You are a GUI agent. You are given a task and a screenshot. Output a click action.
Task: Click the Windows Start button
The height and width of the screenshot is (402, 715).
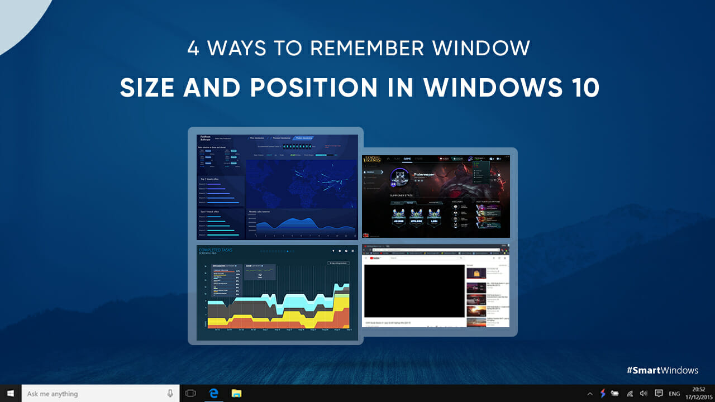pyautogui.click(x=11, y=394)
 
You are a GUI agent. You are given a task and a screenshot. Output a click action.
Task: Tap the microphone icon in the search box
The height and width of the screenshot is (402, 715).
pyautogui.click(x=170, y=394)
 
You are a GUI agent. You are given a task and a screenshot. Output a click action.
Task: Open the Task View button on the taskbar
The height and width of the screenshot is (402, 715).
pyautogui.click(x=190, y=394)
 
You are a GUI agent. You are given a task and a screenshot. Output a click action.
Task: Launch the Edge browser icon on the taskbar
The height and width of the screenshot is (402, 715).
pyautogui.click(x=213, y=394)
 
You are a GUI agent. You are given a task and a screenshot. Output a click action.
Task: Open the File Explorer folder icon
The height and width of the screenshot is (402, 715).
pyautogui.click(x=236, y=394)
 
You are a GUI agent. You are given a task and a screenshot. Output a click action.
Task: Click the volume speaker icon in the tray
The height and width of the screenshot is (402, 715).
pyautogui.click(x=643, y=394)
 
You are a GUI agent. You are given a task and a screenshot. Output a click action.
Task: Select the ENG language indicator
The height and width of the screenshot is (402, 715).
pyautogui.click(x=675, y=394)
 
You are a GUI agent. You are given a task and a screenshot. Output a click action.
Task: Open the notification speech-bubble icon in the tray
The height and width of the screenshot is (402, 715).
pyautogui.click(x=659, y=394)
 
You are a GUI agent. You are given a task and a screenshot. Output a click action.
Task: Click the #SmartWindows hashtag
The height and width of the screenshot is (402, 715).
pyautogui.click(x=662, y=370)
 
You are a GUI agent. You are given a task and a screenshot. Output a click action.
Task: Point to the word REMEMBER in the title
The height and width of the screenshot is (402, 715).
pyautogui.click(x=365, y=49)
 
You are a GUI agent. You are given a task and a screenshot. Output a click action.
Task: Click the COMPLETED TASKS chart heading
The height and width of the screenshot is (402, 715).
pyautogui.click(x=216, y=250)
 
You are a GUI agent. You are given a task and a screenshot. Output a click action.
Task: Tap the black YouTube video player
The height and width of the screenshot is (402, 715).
pyautogui.click(x=414, y=291)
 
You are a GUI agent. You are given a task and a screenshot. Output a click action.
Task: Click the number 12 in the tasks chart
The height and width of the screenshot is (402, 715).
pyautogui.click(x=259, y=275)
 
